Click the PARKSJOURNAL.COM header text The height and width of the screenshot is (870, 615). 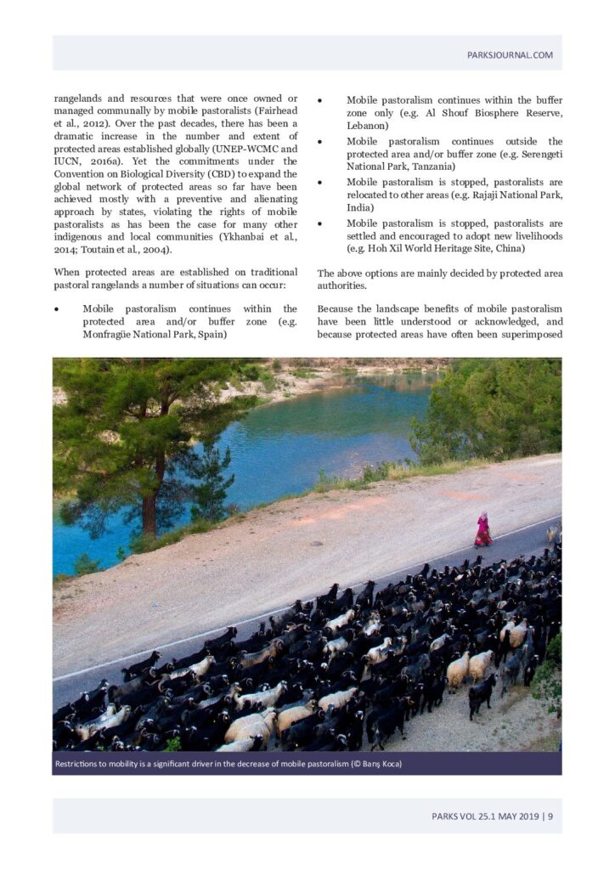click(x=510, y=55)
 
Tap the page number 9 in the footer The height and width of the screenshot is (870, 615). click(x=550, y=817)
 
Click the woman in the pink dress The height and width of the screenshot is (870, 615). click(x=482, y=530)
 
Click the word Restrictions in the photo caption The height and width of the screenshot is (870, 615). click(x=81, y=764)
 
